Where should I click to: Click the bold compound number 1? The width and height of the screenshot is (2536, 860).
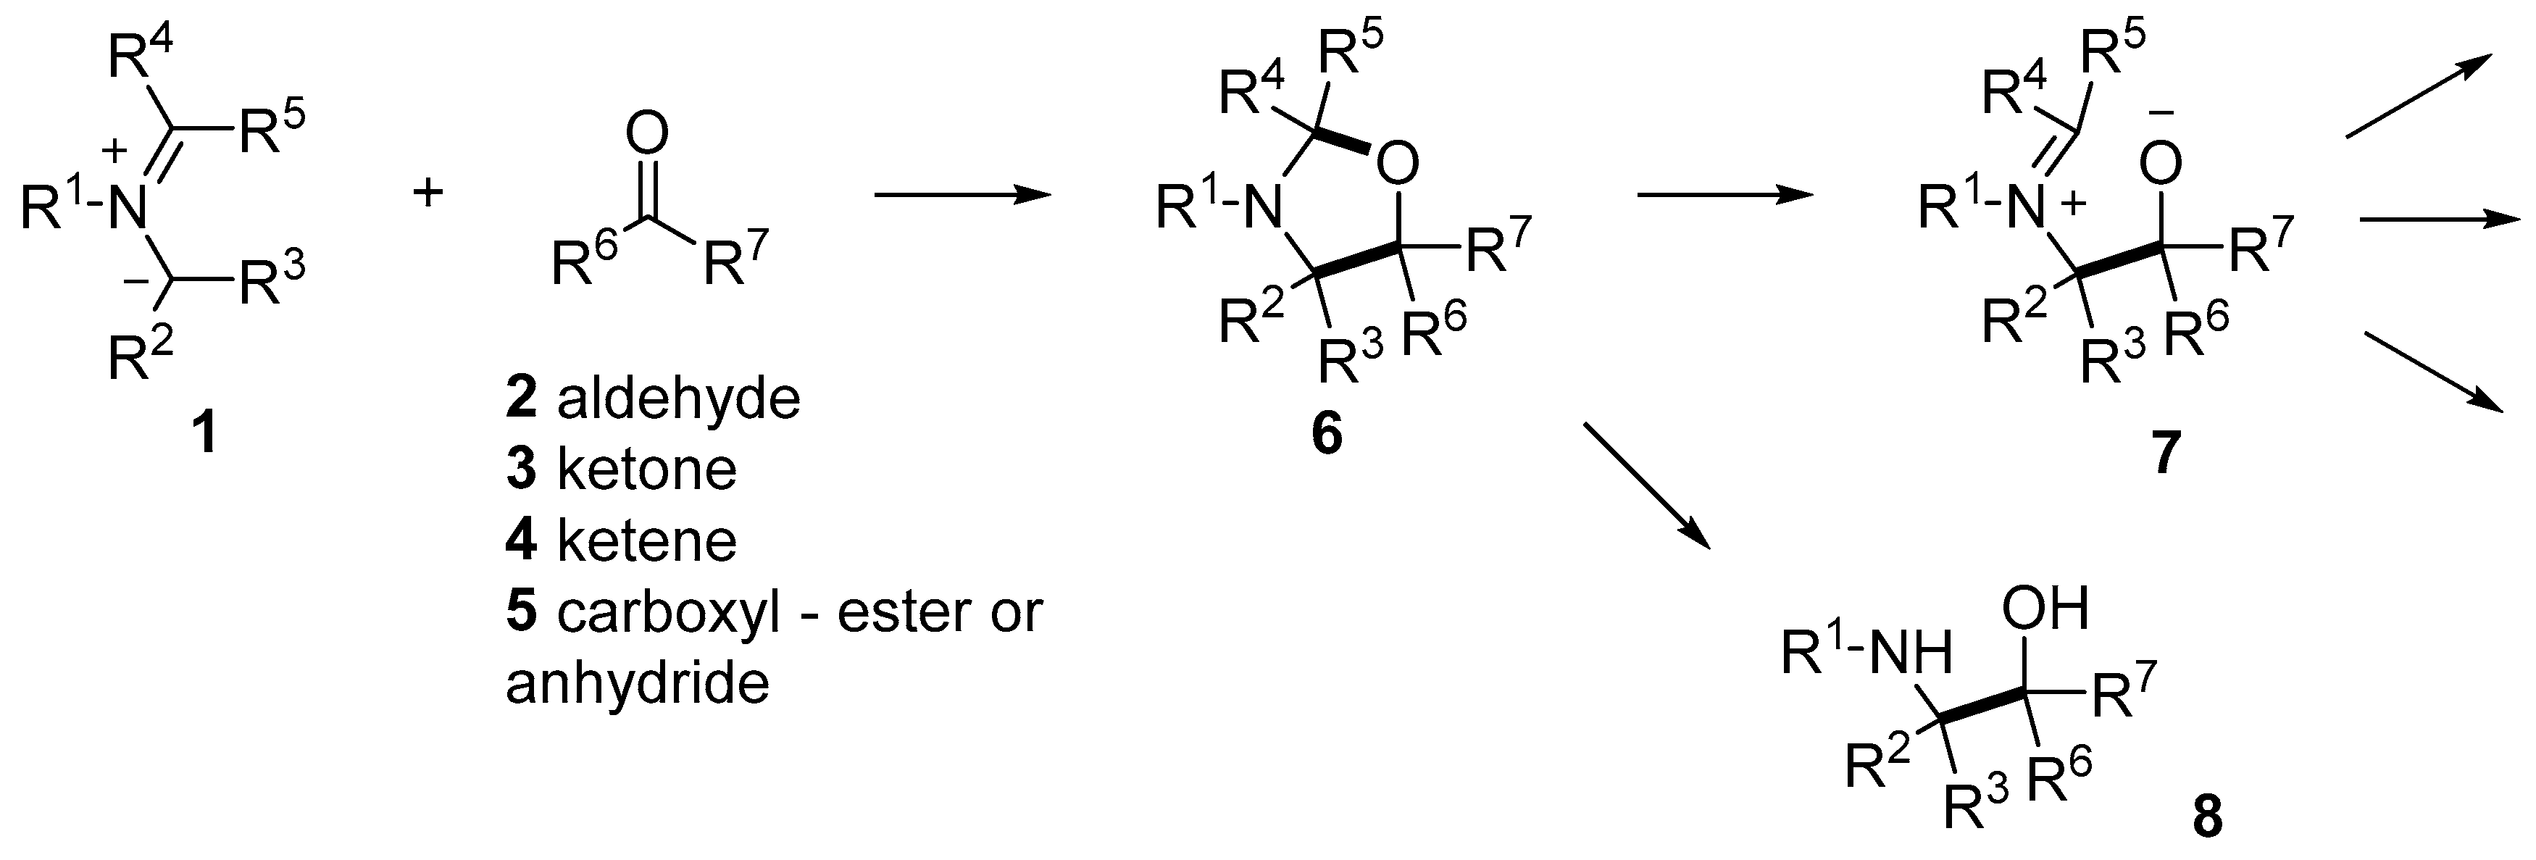(x=205, y=434)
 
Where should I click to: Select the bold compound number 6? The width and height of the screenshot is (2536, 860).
(x=1326, y=434)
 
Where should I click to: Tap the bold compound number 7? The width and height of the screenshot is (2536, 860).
(x=2162, y=454)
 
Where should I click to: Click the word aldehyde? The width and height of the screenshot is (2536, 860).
(x=678, y=399)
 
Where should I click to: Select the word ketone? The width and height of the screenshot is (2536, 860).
(x=647, y=470)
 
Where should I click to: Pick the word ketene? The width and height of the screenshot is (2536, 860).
(x=647, y=541)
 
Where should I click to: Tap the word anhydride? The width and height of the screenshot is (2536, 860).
(x=637, y=683)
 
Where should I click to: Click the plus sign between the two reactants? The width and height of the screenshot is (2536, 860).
(x=427, y=193)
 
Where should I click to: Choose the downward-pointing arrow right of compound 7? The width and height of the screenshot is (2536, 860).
(x=2432, y=372)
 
